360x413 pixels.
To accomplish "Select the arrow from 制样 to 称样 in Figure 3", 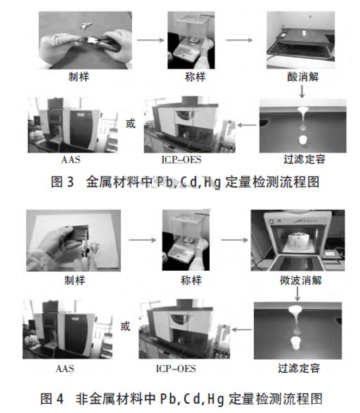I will click(146, 39).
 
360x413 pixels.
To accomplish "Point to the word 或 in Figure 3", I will click(129, 124).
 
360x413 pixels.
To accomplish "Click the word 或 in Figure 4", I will click(125, 326).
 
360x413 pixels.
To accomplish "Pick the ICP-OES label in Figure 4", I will click(175, 368).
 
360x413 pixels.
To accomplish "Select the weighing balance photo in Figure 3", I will click(189, 38).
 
